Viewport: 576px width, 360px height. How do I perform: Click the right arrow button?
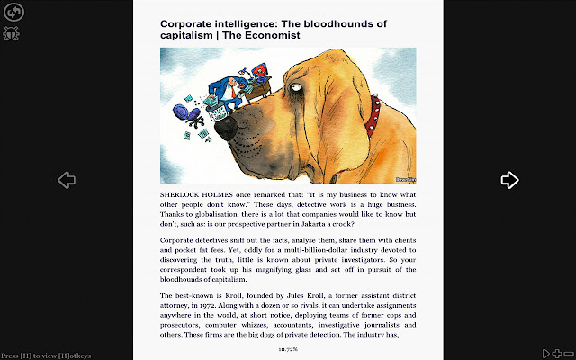[x=510, y=180]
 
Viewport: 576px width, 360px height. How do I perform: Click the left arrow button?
[x=67, y=180]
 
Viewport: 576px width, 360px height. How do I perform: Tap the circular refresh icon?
[x=14, y=13]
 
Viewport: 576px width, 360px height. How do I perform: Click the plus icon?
[x=557, y=354]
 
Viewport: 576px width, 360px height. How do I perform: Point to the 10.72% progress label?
[x=288, y=348]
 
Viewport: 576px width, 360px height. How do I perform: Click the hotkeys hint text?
[x=45, y=355]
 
